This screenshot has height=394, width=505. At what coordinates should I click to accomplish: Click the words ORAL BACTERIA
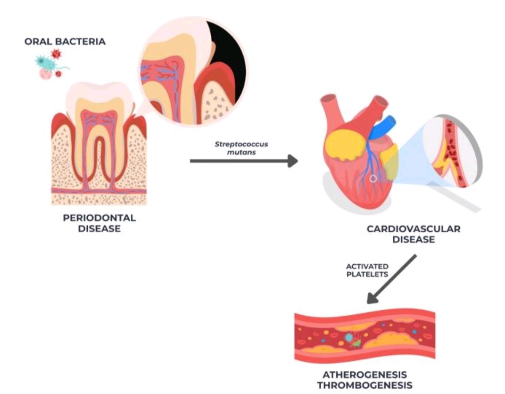[65, 42]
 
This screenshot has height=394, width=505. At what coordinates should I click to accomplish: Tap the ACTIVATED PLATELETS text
[367, 270]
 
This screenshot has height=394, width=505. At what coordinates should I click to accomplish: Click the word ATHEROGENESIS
[365, 375]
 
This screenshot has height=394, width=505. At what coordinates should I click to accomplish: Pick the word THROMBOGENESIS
[365, 386]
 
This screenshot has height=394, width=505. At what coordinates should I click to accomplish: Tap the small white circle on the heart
[373, 179]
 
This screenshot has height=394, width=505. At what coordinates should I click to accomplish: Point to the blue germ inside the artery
[349, 337]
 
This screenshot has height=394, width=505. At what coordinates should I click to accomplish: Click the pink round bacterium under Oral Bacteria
[45, 74]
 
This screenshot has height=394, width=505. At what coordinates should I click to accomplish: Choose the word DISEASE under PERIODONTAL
[99, 229]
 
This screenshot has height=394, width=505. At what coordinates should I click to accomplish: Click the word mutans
[244, 153]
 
